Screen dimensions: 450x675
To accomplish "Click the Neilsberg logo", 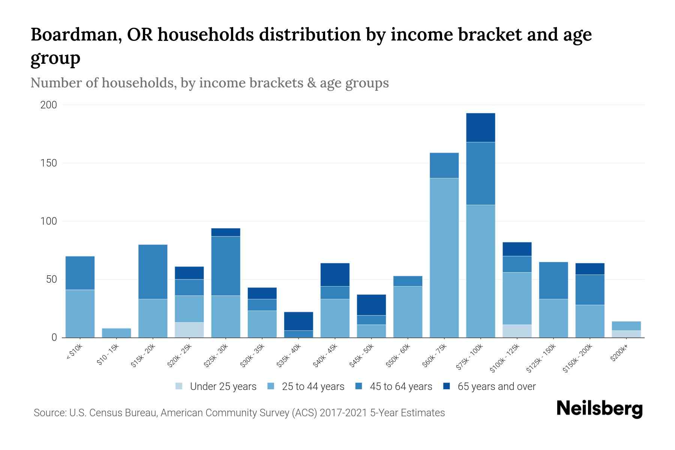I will (x=599, y=409).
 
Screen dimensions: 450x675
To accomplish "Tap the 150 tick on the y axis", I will (x=48, y=163).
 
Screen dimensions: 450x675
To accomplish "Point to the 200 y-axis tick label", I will (x=48, y=105).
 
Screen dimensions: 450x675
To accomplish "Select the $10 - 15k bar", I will (x=116, y=333).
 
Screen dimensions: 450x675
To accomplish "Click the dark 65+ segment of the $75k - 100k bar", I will (x=480, y=127).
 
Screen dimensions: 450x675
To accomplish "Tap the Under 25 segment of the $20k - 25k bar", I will (x=189, y=330).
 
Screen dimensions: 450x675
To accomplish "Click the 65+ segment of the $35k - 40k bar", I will (x=298, y=321).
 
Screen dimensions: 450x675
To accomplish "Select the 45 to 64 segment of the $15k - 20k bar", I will (x=153, y=272).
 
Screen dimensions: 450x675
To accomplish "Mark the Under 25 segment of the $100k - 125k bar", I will (x=517, y=331).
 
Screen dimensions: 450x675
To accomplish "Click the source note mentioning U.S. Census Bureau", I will (x=239, y=413).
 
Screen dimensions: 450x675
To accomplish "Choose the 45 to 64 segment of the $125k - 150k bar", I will (x=553, y=280).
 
